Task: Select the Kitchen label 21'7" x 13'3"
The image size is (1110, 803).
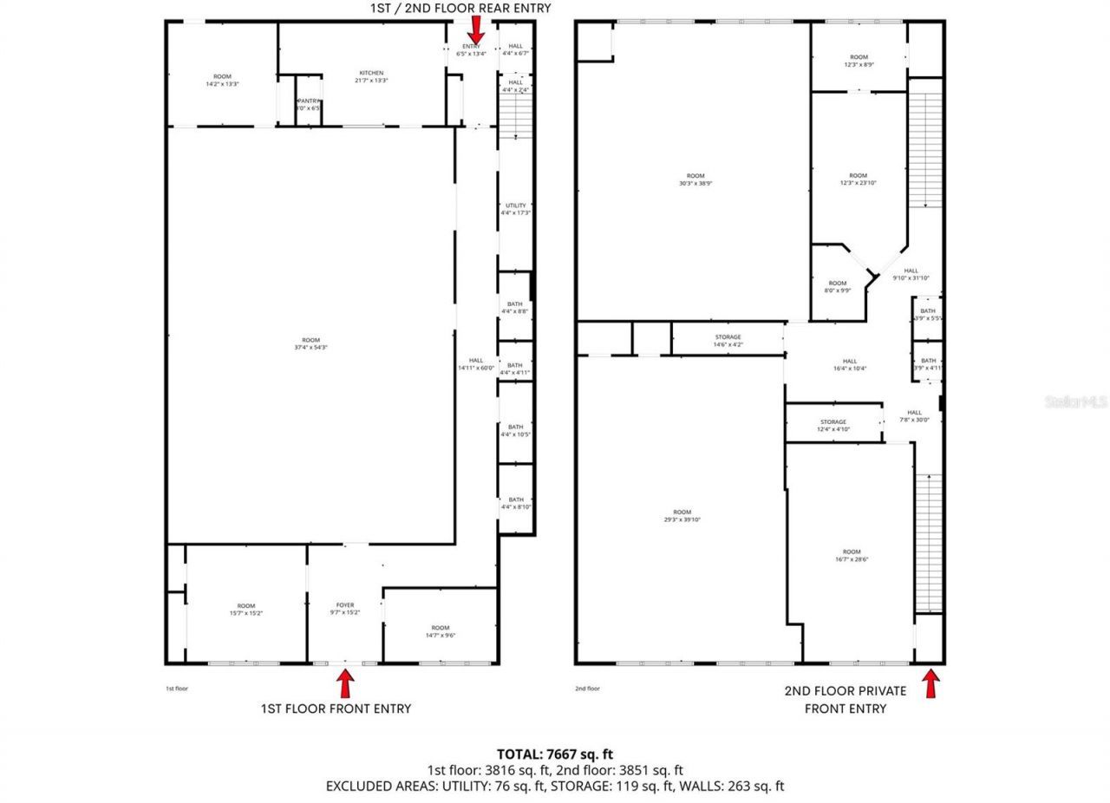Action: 371,76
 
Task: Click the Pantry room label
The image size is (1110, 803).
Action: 310,105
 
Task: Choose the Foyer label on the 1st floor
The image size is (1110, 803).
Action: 345,609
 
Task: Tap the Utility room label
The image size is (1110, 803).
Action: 515,209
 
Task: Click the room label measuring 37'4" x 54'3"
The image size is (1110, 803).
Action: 310,343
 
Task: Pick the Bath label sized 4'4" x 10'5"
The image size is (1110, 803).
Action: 515,430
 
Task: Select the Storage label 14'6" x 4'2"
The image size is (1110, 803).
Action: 728,341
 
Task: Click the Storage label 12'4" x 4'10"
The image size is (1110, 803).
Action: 833,426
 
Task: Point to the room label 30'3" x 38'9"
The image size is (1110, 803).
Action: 695,180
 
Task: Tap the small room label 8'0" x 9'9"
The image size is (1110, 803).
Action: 837,287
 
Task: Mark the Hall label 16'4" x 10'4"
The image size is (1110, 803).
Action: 849,365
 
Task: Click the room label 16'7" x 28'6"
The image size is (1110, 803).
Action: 852,556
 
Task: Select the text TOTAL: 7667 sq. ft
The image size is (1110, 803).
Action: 554,754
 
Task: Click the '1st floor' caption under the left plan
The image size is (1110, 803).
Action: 177,689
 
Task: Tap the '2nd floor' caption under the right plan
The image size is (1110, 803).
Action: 587,689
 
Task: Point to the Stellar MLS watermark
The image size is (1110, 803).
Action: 1076,401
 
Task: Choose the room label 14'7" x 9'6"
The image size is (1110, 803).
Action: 441,631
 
